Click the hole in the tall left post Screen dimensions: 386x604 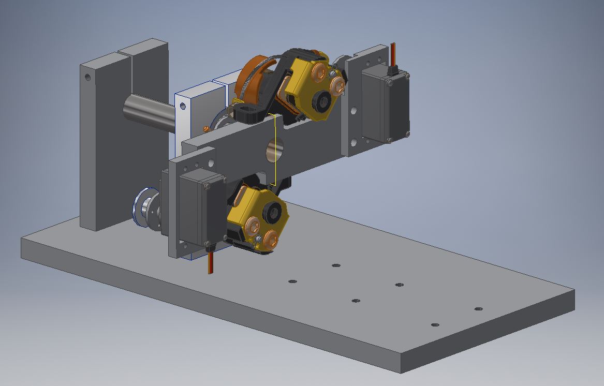[87, 78]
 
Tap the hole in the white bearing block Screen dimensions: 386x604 [183, 106]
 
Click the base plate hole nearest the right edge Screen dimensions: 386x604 [479, 309]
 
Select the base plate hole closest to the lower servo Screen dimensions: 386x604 [292, 281]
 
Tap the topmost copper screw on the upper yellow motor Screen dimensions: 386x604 [320, 69]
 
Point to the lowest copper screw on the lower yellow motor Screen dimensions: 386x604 [270, 239]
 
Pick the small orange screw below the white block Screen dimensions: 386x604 [205, 127]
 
